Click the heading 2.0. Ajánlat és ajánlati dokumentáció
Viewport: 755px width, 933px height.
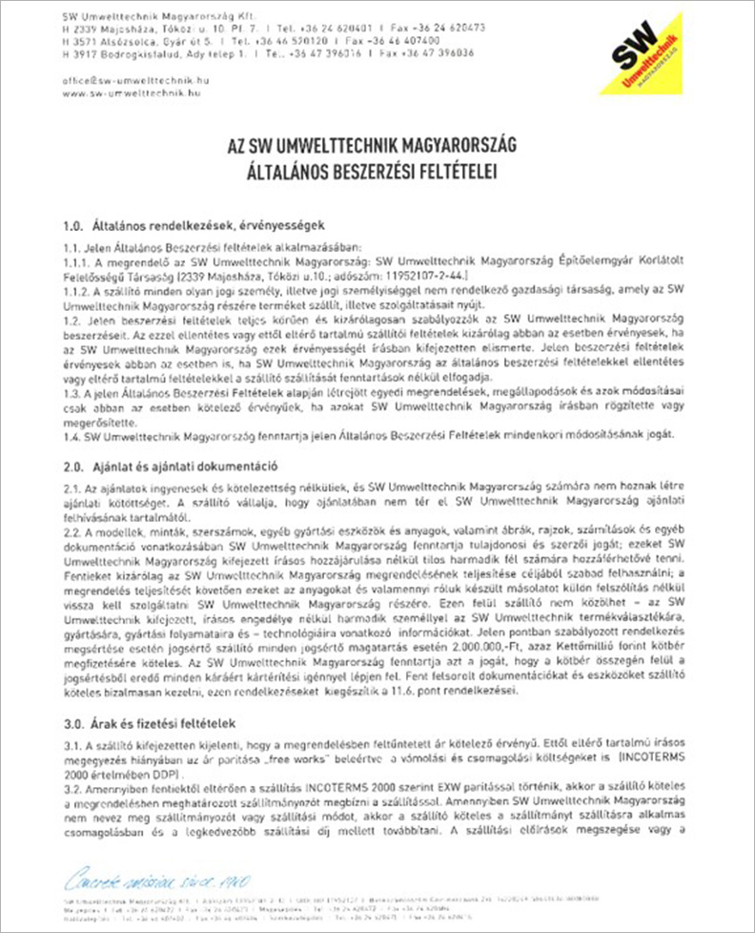[169, 467]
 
